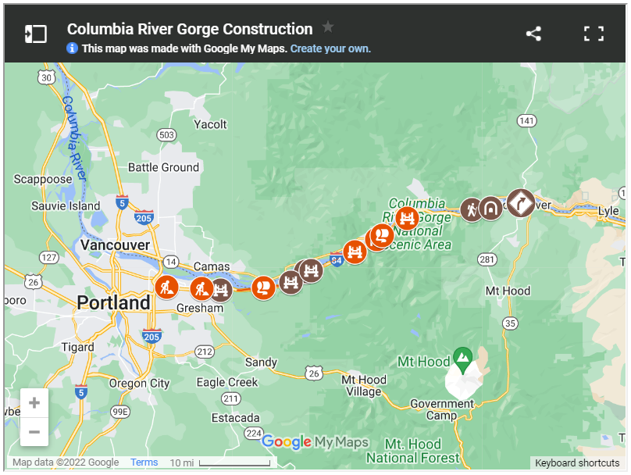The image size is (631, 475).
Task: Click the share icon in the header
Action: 533,34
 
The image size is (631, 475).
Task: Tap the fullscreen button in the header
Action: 594,34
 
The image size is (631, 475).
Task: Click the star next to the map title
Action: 328,27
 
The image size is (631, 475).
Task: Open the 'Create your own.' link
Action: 330,48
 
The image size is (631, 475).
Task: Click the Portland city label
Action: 114,302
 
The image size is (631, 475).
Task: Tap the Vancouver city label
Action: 115,245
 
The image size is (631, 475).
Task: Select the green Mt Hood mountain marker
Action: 463,359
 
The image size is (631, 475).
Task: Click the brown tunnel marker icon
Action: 490,209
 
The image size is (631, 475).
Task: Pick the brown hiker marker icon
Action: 471,209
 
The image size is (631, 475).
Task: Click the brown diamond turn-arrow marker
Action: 521,203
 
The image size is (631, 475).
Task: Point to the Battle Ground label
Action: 164,167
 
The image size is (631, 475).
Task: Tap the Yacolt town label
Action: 210,124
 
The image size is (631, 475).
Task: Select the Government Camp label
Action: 442,409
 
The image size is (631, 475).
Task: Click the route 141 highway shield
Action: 527,120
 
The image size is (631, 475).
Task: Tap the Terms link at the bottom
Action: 144,462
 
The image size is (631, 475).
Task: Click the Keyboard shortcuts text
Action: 577,462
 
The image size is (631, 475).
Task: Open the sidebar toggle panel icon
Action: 36,34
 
